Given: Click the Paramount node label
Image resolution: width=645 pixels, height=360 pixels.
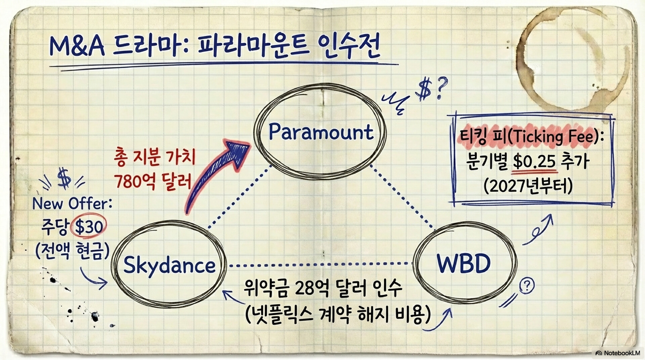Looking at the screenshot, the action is pyautogui.click(x=321, y=132).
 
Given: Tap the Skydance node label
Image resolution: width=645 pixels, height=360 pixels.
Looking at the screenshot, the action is pyautogui.click(x=169, y=266).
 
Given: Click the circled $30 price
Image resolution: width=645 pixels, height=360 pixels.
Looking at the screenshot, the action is pyautogui.click(x=89, y=227).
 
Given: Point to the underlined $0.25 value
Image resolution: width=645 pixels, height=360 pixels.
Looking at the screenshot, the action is pyautogui.click(x=534, y=162).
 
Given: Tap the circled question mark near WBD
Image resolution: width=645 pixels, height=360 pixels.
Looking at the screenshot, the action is pyautogui.click(x=526, y=286).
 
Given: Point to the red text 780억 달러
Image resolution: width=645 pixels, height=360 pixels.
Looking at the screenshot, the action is pyautogui.click(x=153, y=182).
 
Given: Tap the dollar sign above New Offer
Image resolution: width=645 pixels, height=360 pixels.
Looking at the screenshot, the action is pyautogui.click(x=64, y=178).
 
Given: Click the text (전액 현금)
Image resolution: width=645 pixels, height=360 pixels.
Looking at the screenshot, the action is pyautogui.click(x=72, y=250).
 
